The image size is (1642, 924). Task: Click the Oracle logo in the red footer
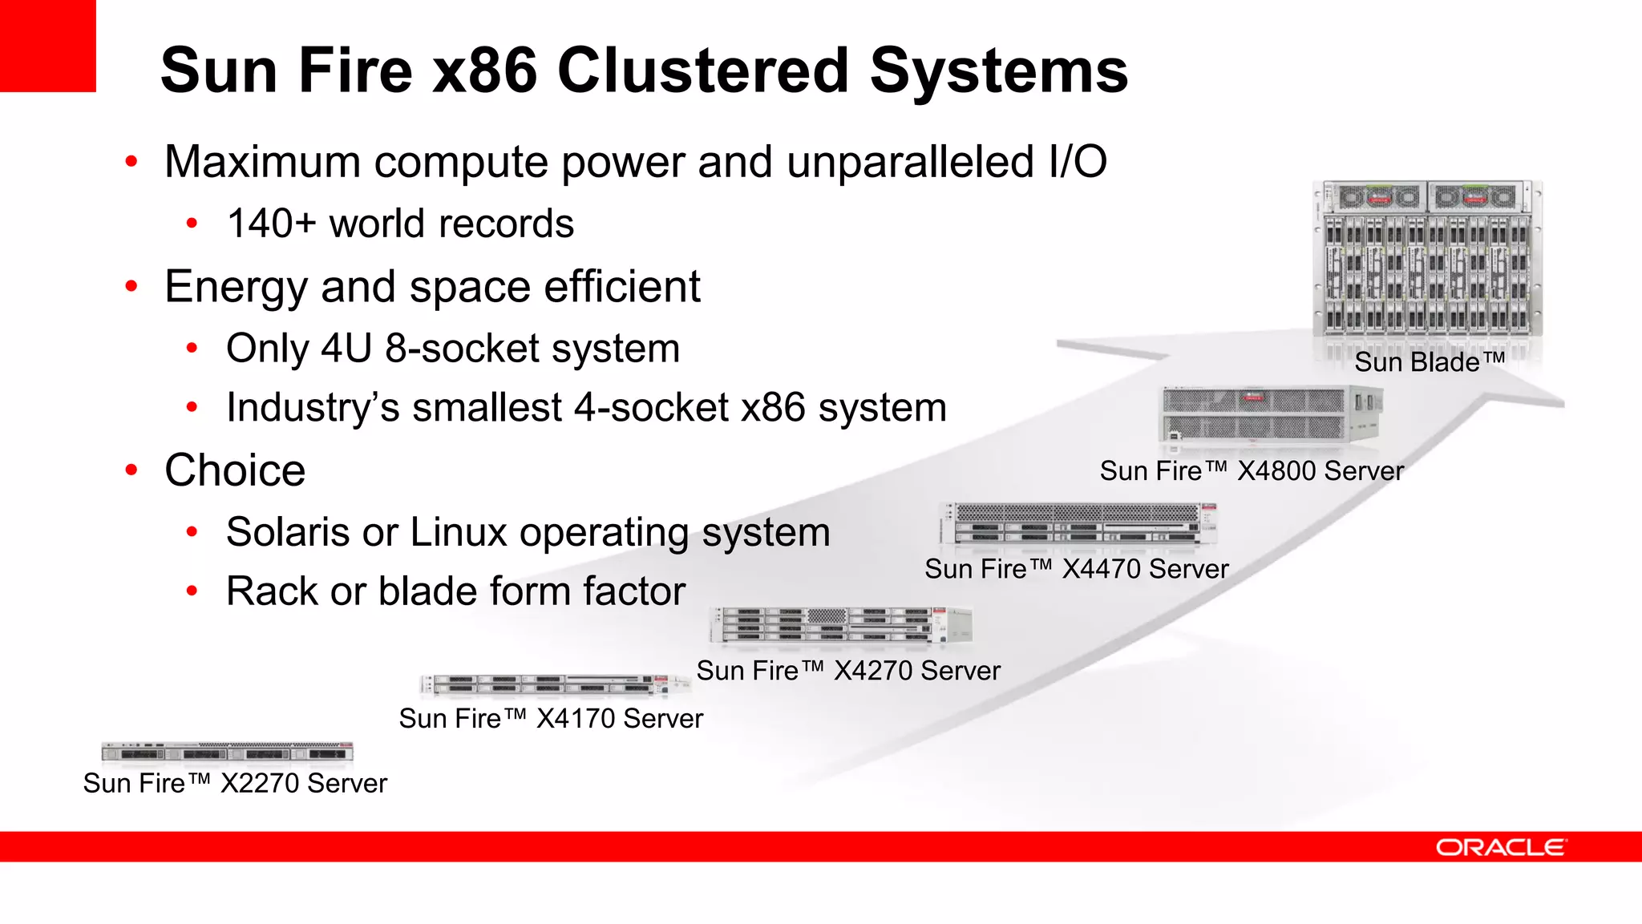tap(1499, 847)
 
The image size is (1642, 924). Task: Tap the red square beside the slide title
tap(47, 46)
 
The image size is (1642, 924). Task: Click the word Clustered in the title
tap(702, 71)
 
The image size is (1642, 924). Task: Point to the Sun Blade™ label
tap(1430, 362)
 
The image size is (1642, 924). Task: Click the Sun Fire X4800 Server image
tap(1272, 414)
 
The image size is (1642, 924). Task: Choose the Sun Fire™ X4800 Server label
tap(1252, 471)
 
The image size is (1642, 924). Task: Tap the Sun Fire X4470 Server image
tap(1078, 524)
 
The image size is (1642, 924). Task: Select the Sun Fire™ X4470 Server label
tap(1076, 569)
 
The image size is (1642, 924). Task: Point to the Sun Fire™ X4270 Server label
tap(848, 671)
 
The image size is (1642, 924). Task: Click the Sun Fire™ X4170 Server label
tap(551, 719)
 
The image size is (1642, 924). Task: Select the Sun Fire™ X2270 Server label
tap(235, 783)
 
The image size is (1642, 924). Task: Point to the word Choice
tap(235, 470)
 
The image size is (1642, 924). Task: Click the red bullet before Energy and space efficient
tap(131, 286)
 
